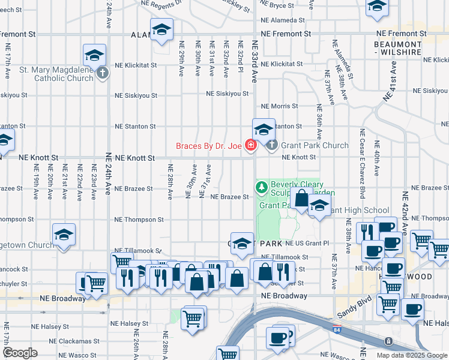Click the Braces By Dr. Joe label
(208, 146)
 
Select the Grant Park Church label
(314, 145)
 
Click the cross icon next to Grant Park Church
(272, 145)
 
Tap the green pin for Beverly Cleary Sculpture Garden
(261, 187)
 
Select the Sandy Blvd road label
(354, 312)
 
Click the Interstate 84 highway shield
(336, 329)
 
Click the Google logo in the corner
(20, 353)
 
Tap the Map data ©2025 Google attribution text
(412, 355)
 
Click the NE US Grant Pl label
(307, 244)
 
